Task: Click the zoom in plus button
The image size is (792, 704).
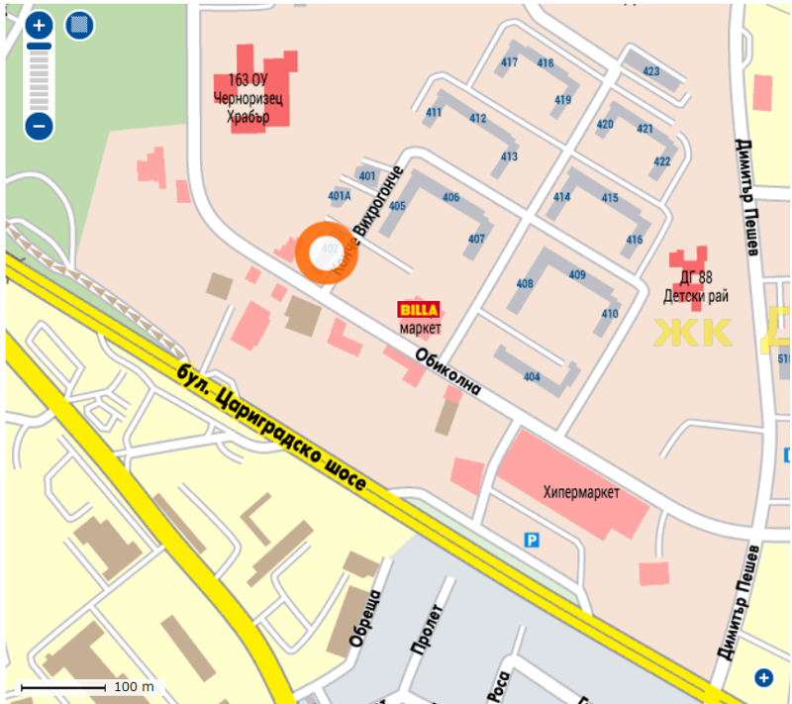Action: (39, 25)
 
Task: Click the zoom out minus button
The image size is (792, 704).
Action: (39, 126)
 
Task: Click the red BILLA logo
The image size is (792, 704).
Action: (420, 309)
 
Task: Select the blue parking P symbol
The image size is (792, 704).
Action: (533, 540)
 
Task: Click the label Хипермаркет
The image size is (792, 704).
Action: (581, 492)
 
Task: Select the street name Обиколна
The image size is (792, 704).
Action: (447, 371)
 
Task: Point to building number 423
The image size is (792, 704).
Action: (650, 71)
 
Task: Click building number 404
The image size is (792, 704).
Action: (532, 377)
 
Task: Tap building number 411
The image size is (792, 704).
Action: (434, 113)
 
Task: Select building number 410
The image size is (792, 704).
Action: (609, 314)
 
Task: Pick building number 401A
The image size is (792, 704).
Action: (340, 195)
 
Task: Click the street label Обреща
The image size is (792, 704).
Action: (362, 619)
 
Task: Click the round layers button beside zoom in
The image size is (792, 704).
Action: (78, 26)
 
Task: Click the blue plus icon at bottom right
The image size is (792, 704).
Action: (763, 677)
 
